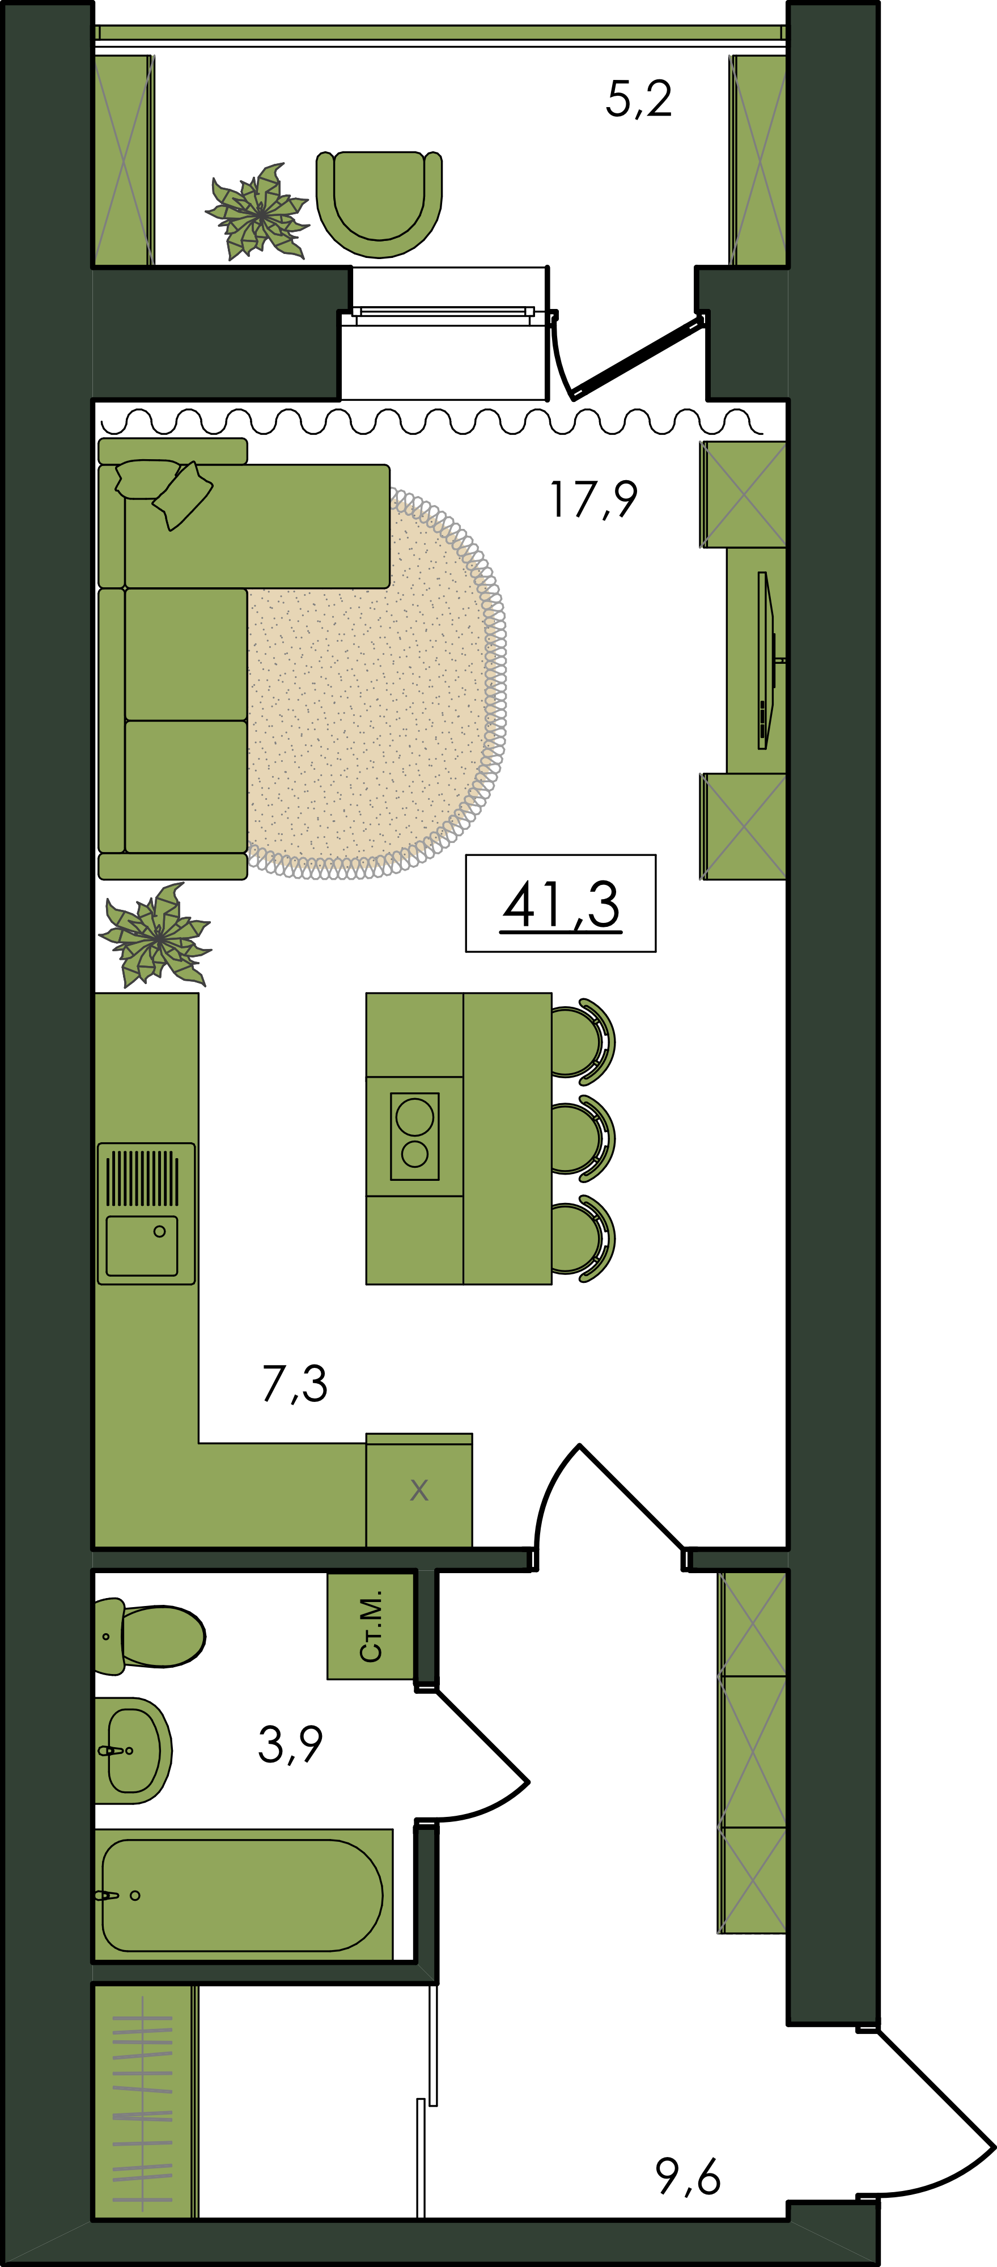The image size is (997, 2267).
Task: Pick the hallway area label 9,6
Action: click(688, 2176)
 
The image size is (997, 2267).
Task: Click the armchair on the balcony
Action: click(379, 204)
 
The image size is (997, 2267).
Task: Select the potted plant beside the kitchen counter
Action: click(156, 935)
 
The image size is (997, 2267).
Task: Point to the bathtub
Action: click(243, 1896)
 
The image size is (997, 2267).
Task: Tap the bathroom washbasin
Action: click(133, 1751)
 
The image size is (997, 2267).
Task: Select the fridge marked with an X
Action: click(419, 1490)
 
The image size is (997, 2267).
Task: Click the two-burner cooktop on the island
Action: click(414, 1136)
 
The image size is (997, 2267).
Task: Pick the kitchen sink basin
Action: click(142, 1246)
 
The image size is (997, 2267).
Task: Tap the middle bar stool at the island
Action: click(583, 1138)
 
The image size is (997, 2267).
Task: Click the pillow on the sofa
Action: click(182, 495)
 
